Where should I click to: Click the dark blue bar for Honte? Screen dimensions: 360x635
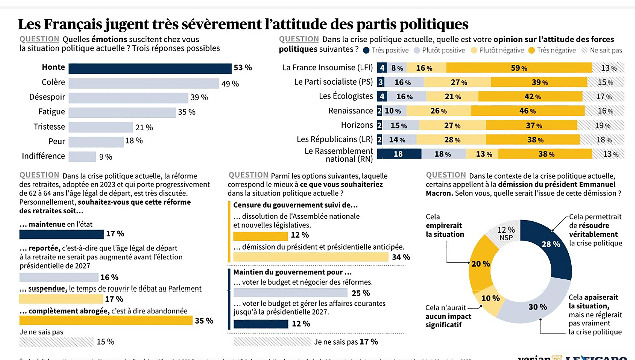pos(150,68)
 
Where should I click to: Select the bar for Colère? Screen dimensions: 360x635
pos(143,83)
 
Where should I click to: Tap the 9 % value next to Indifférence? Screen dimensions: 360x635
pos(106,157)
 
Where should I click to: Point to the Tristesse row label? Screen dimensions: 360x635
pos(49,127)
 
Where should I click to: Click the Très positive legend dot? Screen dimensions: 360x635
pos(366,50)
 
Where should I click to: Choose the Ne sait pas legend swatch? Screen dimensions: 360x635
pos(584,50)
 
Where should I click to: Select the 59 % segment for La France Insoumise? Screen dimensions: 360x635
pos(519,68)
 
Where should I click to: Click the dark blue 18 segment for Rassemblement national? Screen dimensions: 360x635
pos(399,154)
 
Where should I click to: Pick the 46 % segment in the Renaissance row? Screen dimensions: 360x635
pos(527,111)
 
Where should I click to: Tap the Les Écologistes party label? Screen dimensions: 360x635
pos(346,96)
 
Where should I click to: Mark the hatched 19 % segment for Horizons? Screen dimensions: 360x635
pos(601,125)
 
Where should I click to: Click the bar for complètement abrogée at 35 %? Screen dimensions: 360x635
pos(106,320)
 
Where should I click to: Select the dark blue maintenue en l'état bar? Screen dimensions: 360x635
pos(61,234)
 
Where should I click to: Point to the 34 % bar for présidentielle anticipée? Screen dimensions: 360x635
pos(311,257)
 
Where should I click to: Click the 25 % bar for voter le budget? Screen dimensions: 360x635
pos(290,292)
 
